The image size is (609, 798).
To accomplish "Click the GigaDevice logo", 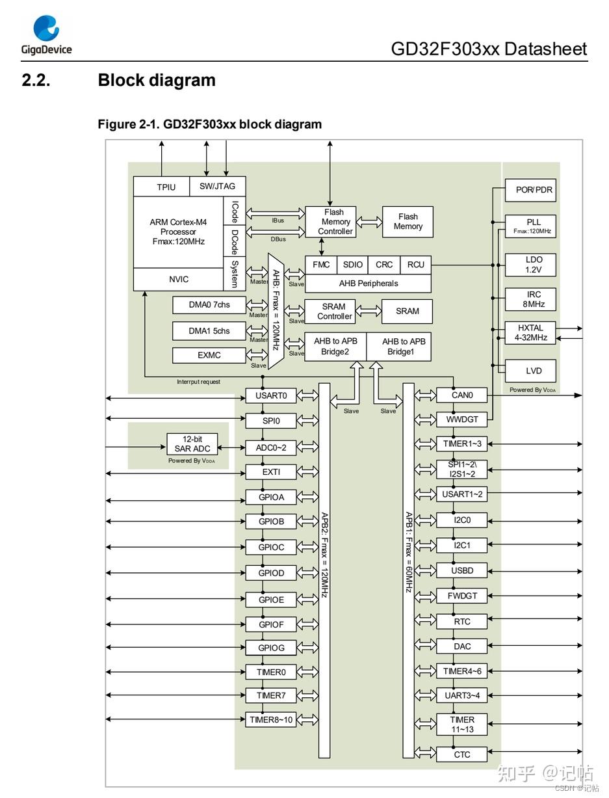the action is click(x=47, y=35).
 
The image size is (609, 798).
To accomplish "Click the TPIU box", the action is click(x=162, y=187).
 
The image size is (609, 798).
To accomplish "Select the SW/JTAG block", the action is click(x=218, y=187).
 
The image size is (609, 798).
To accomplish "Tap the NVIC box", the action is click(x=178, y=279).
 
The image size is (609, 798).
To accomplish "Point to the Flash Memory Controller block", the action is click(x=330, y=222).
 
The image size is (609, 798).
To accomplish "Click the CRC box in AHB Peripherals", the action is click(x=384, y=265).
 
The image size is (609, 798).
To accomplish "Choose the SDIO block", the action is click(x=353, y=265).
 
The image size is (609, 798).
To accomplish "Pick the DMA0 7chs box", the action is click(x=209, y=304).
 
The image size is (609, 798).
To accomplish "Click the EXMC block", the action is click(x=209, y=355).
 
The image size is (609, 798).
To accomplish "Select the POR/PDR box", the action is click(x=530, y=190).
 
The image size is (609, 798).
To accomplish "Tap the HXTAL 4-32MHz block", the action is click(x=530, y=332).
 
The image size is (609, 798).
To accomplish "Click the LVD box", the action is click(x=530, y=371).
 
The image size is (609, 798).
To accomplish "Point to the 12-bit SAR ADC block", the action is click(x=192, y=444).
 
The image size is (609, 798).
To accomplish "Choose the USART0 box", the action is click(x=271, y=395).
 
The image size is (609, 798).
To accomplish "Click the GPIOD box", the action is click(x=271, y=573).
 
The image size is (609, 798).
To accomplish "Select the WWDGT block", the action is click(x=461, y=419).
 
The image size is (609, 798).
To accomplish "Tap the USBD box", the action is click(x=461, y=570).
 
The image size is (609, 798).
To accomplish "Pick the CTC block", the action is click(x=461, y=754).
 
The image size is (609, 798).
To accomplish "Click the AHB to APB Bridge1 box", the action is click(x=398, y=347).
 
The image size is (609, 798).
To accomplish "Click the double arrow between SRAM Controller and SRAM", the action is click(x=369, y=312).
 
